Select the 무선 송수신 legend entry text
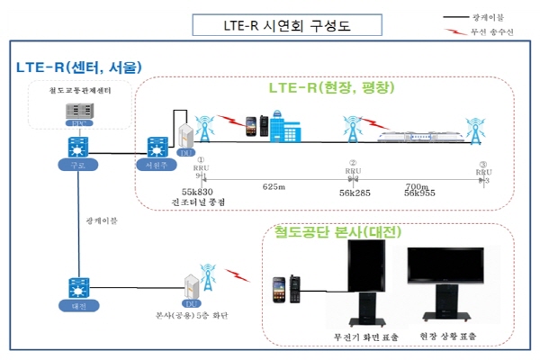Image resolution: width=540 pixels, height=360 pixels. (x=490, y=32)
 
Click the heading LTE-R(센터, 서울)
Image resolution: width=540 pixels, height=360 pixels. (x=78, y=67)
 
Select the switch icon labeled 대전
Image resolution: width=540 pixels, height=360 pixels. (x=74, y=291)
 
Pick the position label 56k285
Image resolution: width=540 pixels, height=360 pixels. (x=356, y=193)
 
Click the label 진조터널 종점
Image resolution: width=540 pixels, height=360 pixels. (x=196, y=202)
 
